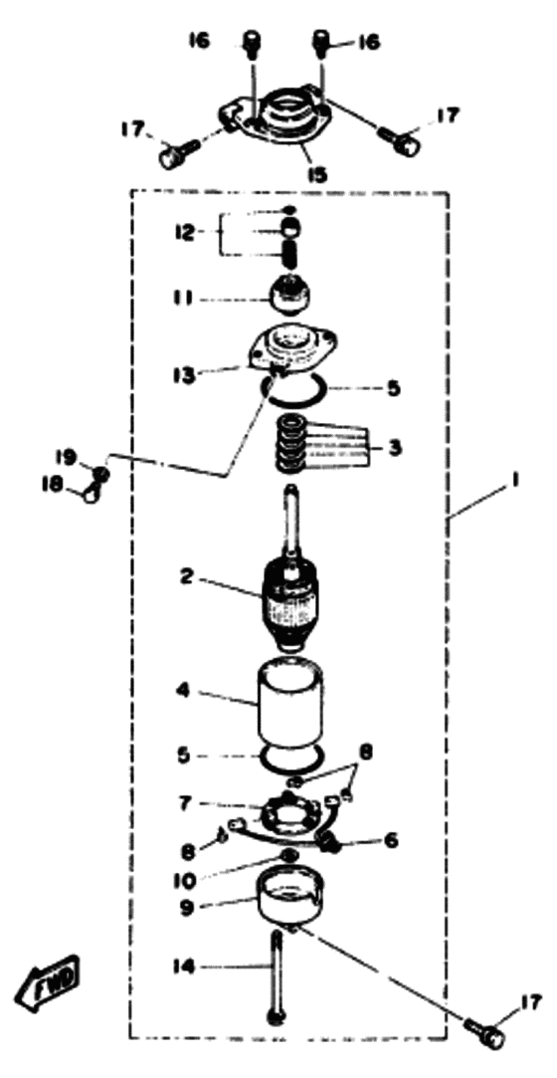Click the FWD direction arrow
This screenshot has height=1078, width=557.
tap(50, 979)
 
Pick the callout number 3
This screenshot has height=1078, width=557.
tap(394, 448)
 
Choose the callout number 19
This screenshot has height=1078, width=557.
tap(71, 455)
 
